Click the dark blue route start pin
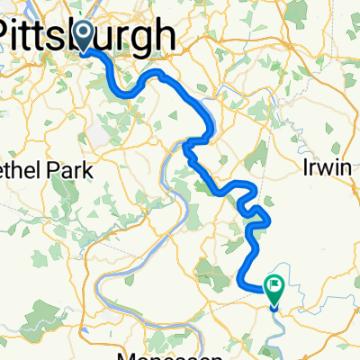point(85,36)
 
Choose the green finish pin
point(274,286)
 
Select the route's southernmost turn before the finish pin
point(242,284)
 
